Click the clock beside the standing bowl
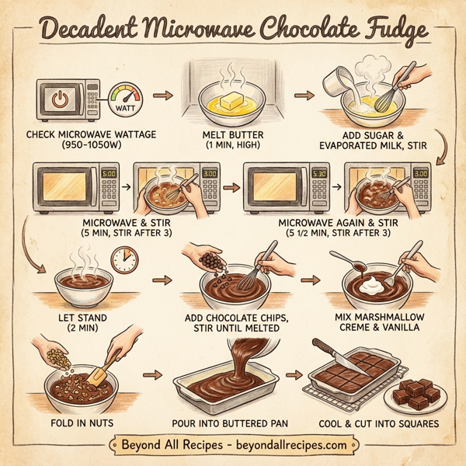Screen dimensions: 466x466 tap(123, 259)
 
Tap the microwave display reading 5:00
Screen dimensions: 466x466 tap(109, 174)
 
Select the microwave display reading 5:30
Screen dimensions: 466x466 tap(319, 174)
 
